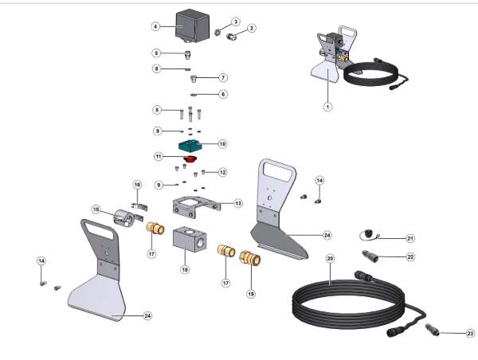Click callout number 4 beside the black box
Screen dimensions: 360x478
(x=156, y=26)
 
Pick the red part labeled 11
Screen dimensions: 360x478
(x=190, y=159)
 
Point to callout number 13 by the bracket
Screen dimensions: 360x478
(x=237, y=203)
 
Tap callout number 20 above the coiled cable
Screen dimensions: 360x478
(x=330, y=259)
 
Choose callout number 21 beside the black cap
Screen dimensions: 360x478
(x=410, y=238)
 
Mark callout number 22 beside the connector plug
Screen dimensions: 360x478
(x=410, y=256)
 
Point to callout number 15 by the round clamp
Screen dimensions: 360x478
(x=96, y=210)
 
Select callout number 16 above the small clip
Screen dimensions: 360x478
(x=137, y=184)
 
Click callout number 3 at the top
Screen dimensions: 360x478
(x=236, y=22)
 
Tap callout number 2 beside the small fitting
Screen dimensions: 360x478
(x=252, y=29)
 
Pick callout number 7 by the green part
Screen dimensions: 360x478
(x=223, y=78)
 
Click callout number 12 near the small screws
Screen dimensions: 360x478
(x=223, y=171)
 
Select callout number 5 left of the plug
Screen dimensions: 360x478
(x=157, y=53)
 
